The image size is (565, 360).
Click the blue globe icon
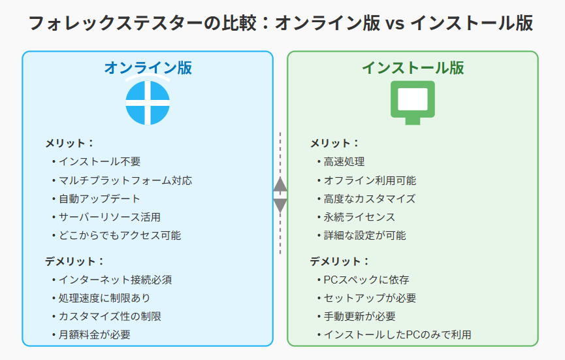pos(148,103)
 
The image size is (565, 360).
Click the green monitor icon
pos(413,103)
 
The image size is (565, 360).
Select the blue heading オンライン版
pos(148,68)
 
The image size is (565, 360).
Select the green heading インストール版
pos(413,68)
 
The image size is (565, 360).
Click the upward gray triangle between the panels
pos(280,184)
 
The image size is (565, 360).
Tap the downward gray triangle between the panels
pos(280,205)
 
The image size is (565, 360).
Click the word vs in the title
pos(395,23)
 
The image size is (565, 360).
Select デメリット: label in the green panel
pos(340,261)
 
